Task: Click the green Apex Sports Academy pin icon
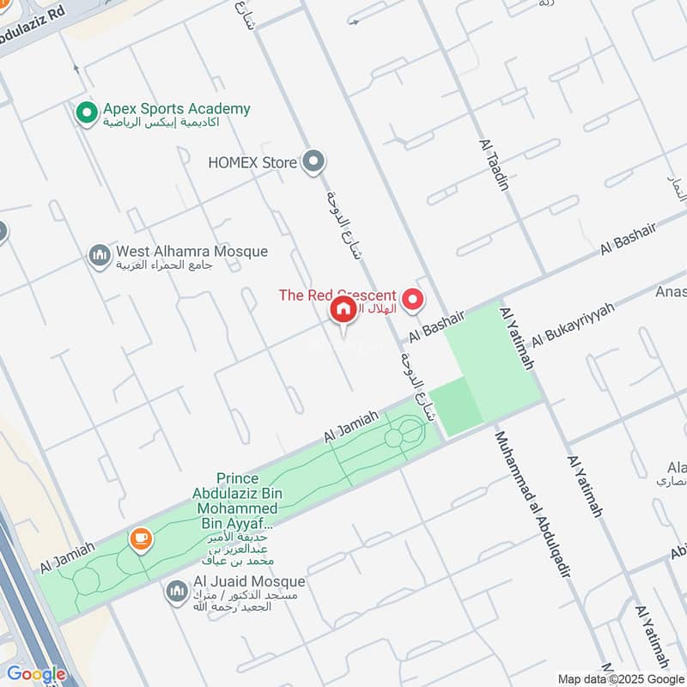pos(86,112)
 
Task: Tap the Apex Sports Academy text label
pos(177,109)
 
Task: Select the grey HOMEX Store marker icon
pos(314,161)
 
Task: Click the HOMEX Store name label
pos(252,162)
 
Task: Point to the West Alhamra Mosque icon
pos(100,255)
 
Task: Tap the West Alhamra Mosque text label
pos(192,252)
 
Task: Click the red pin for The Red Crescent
pos(414,300)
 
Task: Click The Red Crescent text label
pos(337,295)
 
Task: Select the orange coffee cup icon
pos(140,539)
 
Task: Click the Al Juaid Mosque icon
pos(177,591)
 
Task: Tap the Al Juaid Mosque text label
pos(249,582)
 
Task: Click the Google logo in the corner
pos(36,674)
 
